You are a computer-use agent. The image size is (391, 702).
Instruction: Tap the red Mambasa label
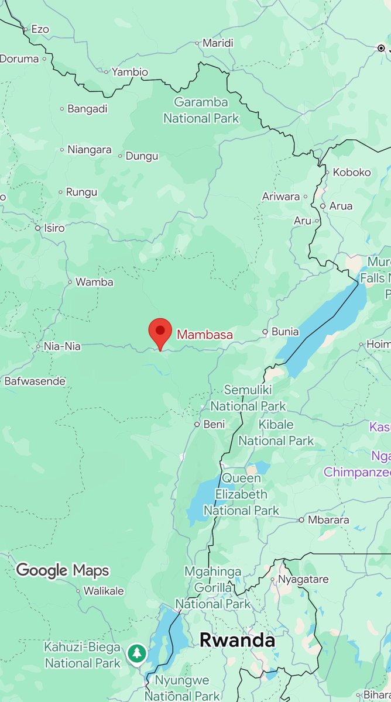[205, 335]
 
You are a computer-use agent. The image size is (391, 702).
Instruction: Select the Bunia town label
[285, 332]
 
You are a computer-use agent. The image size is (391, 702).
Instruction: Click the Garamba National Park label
[201, 111]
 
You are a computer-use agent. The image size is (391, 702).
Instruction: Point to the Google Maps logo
[63, 570]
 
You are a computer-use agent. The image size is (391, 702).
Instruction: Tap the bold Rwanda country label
[237, 640]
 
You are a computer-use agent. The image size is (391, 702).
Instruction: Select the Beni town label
[214, 425]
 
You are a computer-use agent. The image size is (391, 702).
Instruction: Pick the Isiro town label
[54, 228]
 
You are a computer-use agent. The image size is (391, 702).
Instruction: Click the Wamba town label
[94, 282]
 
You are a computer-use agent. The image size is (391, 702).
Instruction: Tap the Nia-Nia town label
[62, 346]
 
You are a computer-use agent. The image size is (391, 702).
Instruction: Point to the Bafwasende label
[35, 381]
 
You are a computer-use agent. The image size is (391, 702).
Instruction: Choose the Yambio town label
[130, 73]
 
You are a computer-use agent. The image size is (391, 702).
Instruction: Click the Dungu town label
[142, 156]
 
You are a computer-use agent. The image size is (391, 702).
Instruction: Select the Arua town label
[341, 206]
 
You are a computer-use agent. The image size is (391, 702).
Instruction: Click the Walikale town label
[104, 591]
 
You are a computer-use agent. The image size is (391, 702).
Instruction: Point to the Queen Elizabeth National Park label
[242, 494]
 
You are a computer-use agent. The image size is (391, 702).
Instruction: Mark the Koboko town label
[352, 173]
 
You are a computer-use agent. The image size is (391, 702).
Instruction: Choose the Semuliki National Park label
[248, 398]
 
